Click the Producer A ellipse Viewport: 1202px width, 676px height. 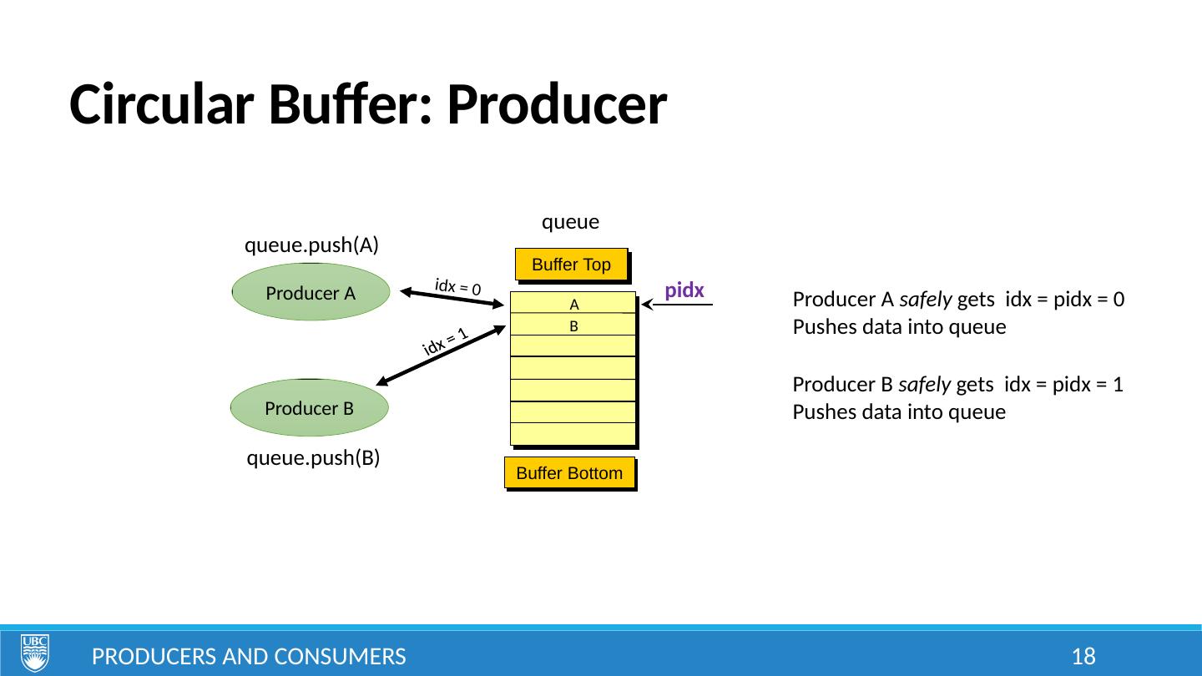pyautogui.click(x=311, y=292)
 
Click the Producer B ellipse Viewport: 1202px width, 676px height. pyautogui.click(x=310, y=408)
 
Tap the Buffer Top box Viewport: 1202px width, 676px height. pyautogui.click(x=571, y=265)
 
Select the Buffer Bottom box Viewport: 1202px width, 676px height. pyautogui.click(x=569, y=473)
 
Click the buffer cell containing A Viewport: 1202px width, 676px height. pyautogui.click(x=573, y=304)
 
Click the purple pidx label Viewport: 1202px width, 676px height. pyautogui.click(x=684, y=290)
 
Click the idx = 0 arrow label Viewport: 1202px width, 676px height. pyautogui.click(x=458, y=287)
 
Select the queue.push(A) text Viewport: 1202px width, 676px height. pyautogui.click(x=312, y=245)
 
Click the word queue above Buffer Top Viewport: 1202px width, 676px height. pyautogui.click(x=571, y=222)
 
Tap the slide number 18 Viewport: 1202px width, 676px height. pyautogui.click(x=1083, y=656)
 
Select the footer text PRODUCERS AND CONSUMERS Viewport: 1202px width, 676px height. pyautogui.click(x=249, y=656)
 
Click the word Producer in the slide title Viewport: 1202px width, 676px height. pyautogui.click(x=557, y=106)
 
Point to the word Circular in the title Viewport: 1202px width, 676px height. pyautogui.click(x=164, y=106)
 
